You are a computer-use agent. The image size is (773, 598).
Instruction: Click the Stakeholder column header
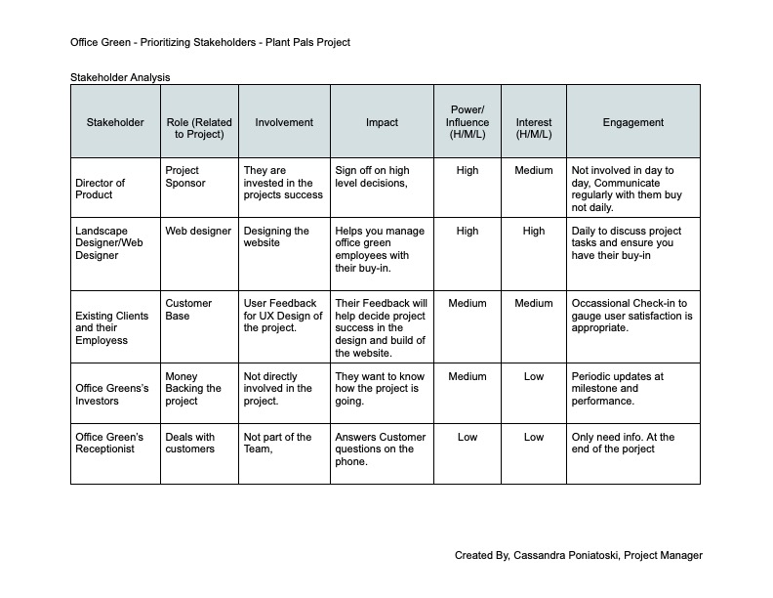click(115, 122)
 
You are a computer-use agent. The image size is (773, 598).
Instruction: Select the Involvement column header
click(284, 122)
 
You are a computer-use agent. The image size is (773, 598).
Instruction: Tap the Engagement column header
click(632, 122)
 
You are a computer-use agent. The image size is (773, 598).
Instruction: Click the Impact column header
click(382, 122)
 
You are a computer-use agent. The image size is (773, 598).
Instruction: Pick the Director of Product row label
click(101, 189)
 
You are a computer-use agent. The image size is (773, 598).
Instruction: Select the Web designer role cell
click(198, 232)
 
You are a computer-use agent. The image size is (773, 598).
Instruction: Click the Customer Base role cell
click(188, 310)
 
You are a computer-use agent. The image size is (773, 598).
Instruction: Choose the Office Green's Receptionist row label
click(109, 443)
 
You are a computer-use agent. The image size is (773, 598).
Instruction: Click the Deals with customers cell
click(190, 443)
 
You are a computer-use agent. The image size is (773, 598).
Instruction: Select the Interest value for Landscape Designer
click(534, 232)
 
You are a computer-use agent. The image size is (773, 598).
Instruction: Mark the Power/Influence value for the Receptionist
click(468, 437)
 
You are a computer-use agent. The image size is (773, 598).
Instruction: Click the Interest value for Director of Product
click(534, 170)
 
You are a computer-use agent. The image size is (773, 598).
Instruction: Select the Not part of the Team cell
click(277, 443)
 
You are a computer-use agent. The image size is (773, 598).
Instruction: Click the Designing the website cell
click(277, 237)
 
